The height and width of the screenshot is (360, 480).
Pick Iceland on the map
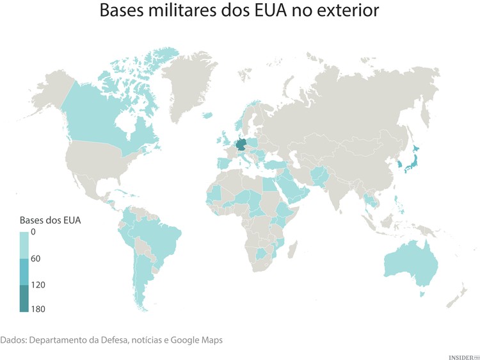pos(207,115)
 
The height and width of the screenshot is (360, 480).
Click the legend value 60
pos(36,258)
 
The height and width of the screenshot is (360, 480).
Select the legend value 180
pos(38,309)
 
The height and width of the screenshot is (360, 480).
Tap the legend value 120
pos(38,284)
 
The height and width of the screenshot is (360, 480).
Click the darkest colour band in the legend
pos(24,298)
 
